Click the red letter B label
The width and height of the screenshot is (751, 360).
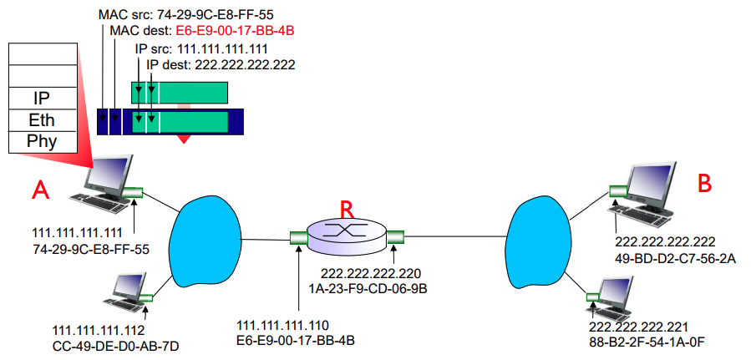[704, 181]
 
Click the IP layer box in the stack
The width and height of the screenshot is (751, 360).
[42, 99]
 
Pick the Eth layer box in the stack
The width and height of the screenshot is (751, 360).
[42, 120]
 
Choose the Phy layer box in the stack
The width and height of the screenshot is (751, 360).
[42, 141]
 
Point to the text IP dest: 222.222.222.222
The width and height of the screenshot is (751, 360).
[221, 64]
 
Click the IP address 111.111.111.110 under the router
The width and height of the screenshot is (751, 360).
[284, 325]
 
